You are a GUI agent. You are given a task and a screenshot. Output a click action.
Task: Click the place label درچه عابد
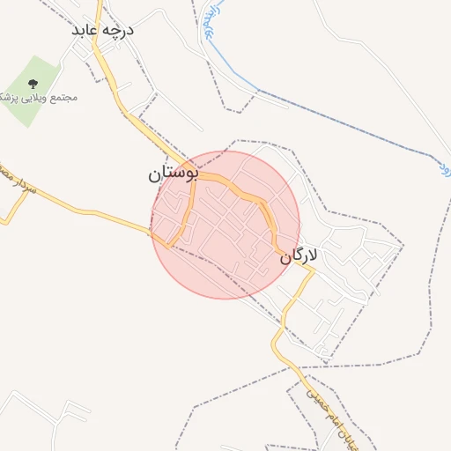coord(104,30)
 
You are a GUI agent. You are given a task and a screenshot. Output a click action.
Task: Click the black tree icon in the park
coord(33,84)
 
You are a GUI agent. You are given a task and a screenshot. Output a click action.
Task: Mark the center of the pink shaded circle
coord(225,225)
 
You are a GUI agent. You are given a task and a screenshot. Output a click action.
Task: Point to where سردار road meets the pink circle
coord(154,231)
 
